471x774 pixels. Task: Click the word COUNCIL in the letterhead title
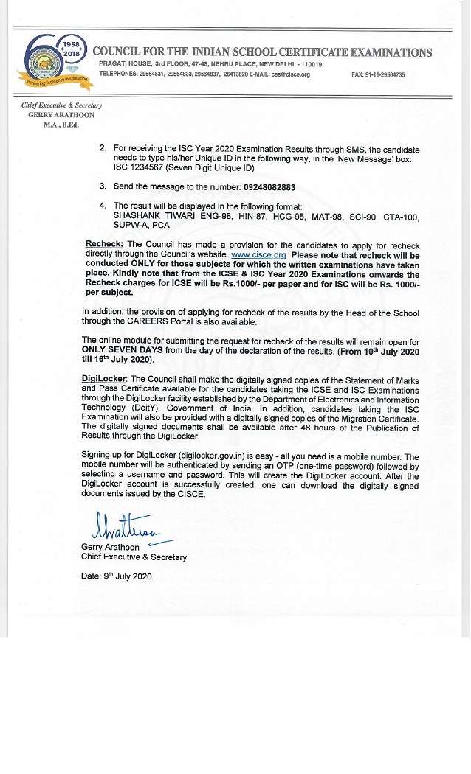tap(120, 52)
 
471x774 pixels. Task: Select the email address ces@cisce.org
tap(291, 74)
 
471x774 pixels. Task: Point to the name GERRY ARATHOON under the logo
tap(62, 116)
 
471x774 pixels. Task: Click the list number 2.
tap(103, 148)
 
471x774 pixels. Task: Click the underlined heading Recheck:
tap(105, 245)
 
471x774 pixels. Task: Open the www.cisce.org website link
tap(258, 254)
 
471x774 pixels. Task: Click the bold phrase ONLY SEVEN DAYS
tap(122, 351)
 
